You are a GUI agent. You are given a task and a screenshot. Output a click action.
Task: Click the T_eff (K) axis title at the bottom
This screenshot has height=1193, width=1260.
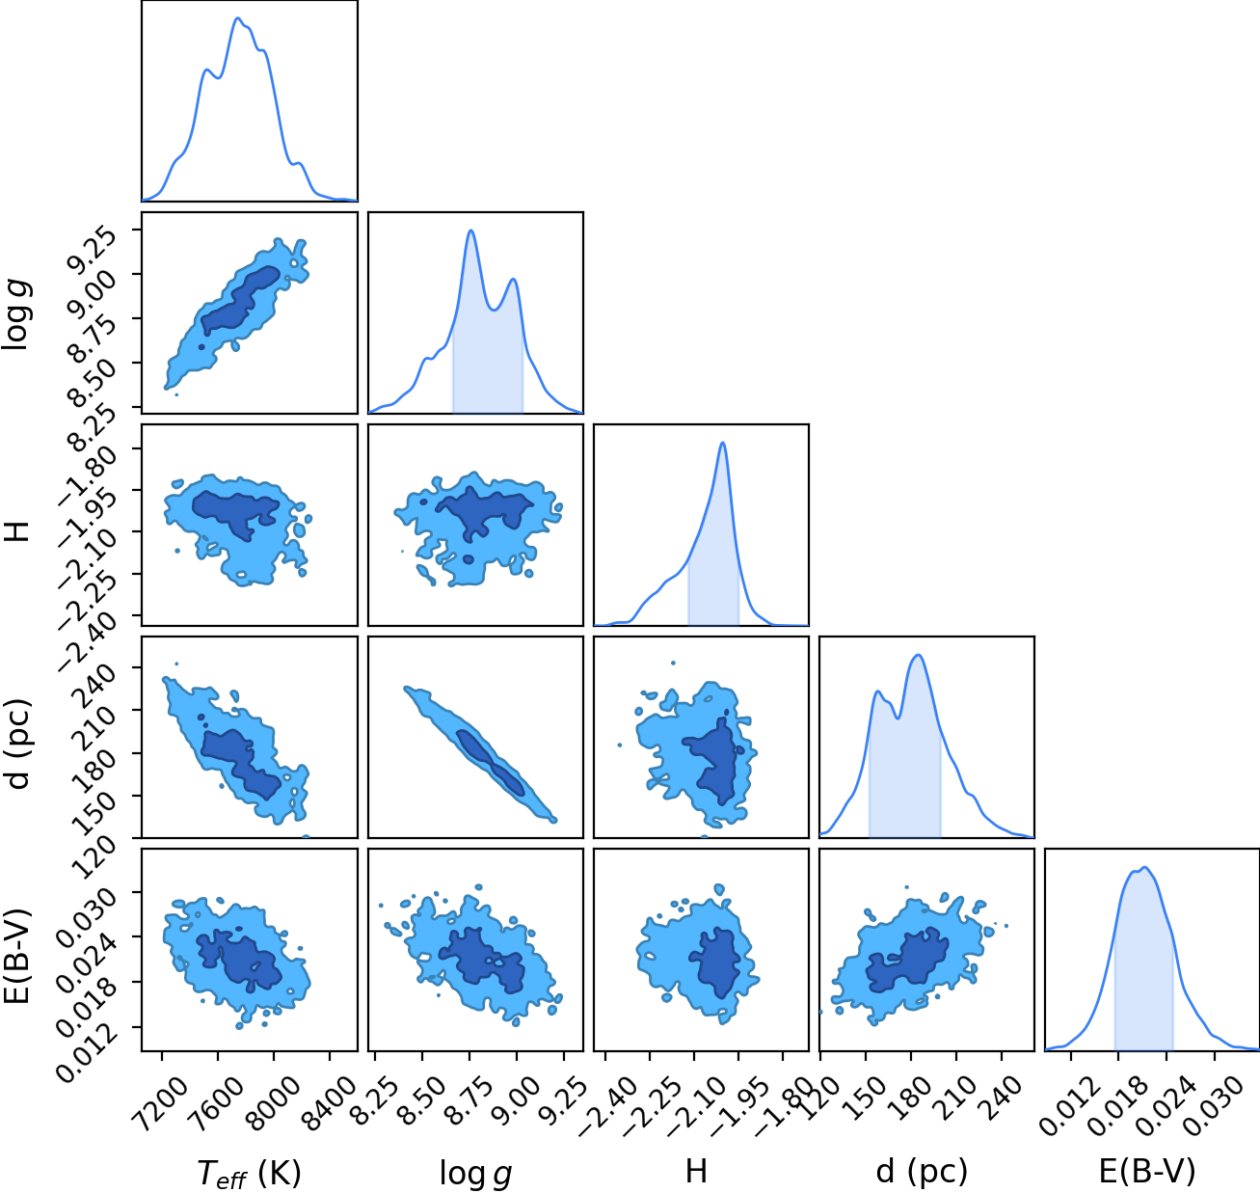pos(249,1173)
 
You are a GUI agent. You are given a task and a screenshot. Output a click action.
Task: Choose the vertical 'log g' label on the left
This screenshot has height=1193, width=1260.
pos(17,315)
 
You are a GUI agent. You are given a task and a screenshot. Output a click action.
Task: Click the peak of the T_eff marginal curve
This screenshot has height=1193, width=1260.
pos(238,18)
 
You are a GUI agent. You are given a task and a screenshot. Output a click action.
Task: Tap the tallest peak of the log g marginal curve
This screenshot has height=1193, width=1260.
pos(471,230)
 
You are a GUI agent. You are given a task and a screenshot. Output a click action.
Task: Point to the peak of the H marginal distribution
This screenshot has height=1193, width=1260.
pos(723,443)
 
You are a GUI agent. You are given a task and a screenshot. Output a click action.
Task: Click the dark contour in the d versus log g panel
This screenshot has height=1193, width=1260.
pos(491,763)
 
